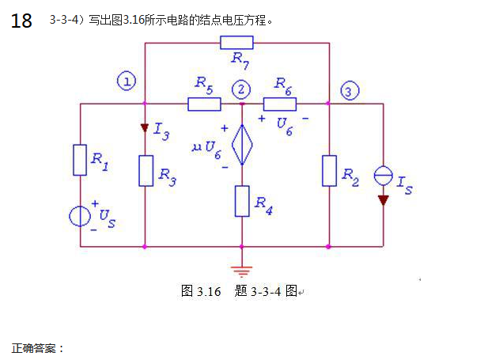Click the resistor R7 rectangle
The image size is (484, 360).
(236, 42)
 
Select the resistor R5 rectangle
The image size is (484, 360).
(204, 103)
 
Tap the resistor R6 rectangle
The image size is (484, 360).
(280, 103)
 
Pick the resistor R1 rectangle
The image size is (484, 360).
(80, 159)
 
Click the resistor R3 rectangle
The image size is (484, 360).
(146, 170)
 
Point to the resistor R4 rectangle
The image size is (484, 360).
(242, 201)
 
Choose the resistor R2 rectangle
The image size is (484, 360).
(329, 170)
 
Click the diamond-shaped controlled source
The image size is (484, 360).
(242, 146)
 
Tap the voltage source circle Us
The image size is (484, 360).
(80, 215)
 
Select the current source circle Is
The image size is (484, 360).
(383, 176)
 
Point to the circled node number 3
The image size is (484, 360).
(350, 91)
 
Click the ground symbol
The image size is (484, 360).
(242, 271)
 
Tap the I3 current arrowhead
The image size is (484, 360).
(146, 128)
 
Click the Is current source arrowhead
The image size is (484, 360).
(383, 199)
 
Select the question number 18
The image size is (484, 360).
(22, 21)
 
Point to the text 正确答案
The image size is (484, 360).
(36, 347)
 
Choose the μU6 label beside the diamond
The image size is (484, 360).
(207, 147)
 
